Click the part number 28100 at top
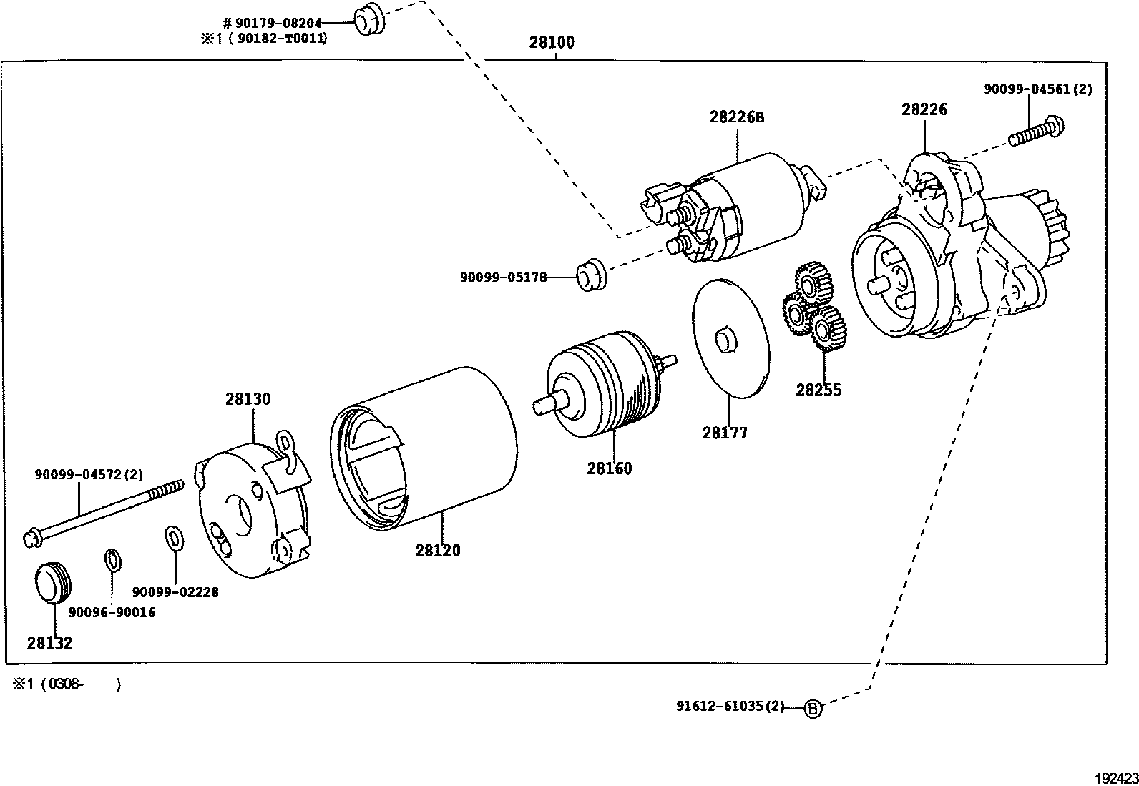pyautogui.click(x=551, y=42)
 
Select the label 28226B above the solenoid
pyautogui.click(x=736, y=117)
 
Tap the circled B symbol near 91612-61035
pyautogui.click(x=813, y=709)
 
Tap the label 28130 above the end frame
pyautogui.click(x=248, y=399)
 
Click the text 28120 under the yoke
pyautogui.click(x=437, y=551)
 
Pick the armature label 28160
pyautogui.click(x=610, y=468)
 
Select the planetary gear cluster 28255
pyautogui.click(x=812, y=308)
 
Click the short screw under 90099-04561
pyautogui.click(x=1037, y=133)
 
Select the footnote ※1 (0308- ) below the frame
pyautogui.click(x=66, y=684)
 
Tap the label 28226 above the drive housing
pyautogui.click(x=924, y=109)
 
